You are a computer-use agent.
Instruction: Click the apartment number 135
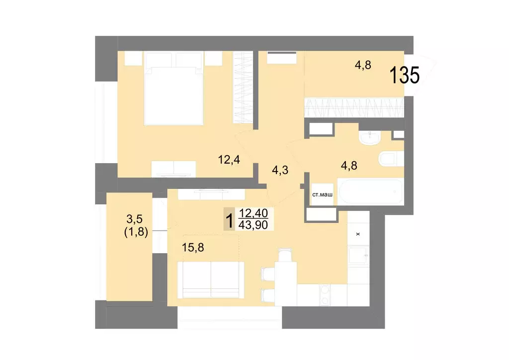pyautogui.click(x=405, y=76)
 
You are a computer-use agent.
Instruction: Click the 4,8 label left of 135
pyautogui.click(x=362, y=64)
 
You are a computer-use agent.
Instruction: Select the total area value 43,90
pyautogui.click(x=254, y=225)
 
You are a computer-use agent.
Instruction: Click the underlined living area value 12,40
pyautogui.click(x=254, y=213)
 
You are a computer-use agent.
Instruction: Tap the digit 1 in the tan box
pyautogui.click(x=229, y=219)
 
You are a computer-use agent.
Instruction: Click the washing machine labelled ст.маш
pyautogui.click(x=322, y=195)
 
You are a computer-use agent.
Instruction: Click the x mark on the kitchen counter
pyautogui.click(x=358, y=233)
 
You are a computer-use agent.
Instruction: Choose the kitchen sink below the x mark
pyautogui.click(x=358, y=256)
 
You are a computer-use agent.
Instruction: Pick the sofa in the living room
pyautogui.click(x=211, y=281)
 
